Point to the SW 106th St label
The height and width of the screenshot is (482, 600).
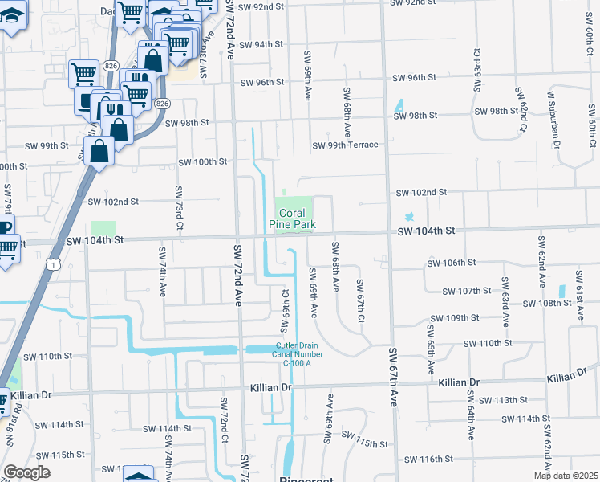click(452, 263)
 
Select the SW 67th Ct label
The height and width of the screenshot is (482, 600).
click(361, 302)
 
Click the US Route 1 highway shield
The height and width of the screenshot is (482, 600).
click(53, 264)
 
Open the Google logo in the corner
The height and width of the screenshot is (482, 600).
click(26, 472)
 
